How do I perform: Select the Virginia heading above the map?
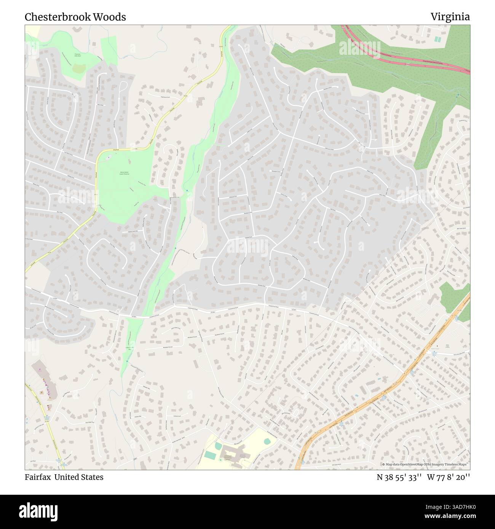[x=450, y=17]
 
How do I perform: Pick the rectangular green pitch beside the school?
[x=210, y=455]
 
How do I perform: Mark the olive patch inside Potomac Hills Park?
[x=79, y=69]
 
